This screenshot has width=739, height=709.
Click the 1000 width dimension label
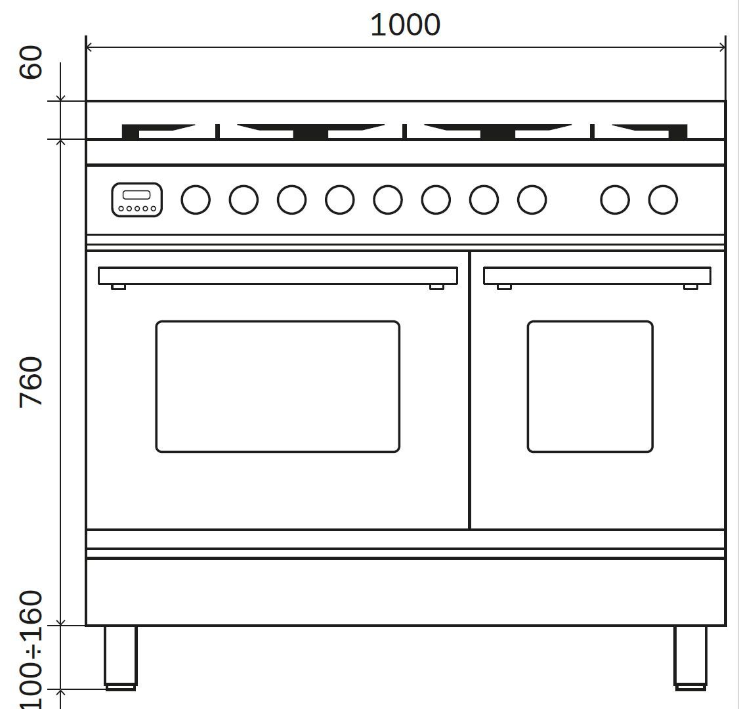pyautogui.click(x=406, y=25)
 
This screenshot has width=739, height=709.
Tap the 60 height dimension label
pyautogui.click(x=31, y=62)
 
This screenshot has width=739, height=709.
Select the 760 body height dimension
pyautogui.click(x=31, y=382)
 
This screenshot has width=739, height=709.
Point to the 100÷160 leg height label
pyautogui.click(x=31, y=650)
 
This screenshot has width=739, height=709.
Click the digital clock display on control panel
pyautogui.click(x=137, y=200)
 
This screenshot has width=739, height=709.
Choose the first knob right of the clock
pyautogui.click(x=196, y=200)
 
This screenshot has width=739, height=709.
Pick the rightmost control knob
pyautogui.click(x=663, y=200)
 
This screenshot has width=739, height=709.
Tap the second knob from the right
pyautogui.click(x=615, y=200)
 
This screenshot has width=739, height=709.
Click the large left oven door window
pyautogui.click(x=278, y=322)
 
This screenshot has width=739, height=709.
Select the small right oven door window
pyautogui.click(x=590, y=322)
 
